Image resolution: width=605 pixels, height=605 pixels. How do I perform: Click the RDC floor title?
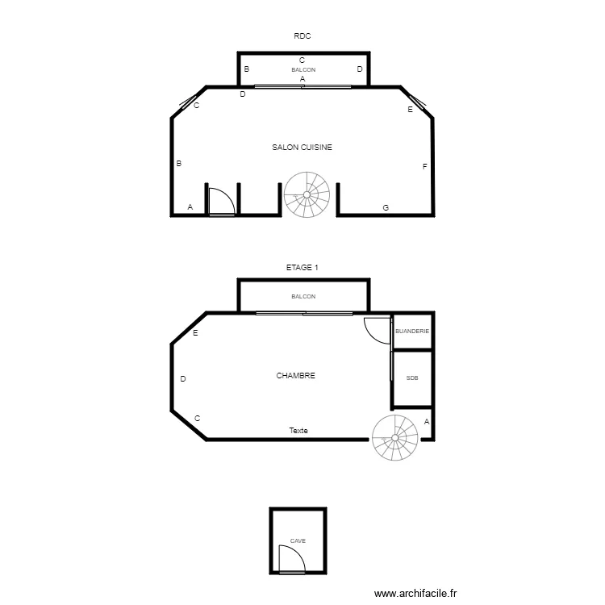[302, 35]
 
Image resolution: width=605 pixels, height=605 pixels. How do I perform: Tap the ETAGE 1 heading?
[302, 267]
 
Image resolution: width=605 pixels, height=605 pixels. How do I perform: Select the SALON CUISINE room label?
[302, 148]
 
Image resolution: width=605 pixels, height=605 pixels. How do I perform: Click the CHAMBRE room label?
[295, 376]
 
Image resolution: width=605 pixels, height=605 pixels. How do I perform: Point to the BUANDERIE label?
[411, 332]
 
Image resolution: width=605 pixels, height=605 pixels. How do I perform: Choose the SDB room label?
[412, 378]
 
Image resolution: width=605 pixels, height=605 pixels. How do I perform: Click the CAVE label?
[298, 541]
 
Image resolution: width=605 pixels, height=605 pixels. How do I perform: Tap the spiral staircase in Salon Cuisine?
[307, 194]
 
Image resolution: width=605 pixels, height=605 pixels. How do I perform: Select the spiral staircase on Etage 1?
[395, 438]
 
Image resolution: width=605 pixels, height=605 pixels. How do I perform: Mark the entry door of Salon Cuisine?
[220, 202]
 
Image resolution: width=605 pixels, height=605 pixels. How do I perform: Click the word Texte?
[298, 431]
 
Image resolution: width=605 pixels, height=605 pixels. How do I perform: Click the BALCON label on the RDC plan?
[303, 70]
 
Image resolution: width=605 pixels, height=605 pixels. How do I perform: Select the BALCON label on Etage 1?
[303, 297]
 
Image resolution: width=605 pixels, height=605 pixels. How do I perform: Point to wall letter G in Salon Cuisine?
[386, 208]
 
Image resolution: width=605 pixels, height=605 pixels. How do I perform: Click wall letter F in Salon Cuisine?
[424, 166]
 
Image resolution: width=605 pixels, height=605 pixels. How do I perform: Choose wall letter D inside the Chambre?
[183, 379]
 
